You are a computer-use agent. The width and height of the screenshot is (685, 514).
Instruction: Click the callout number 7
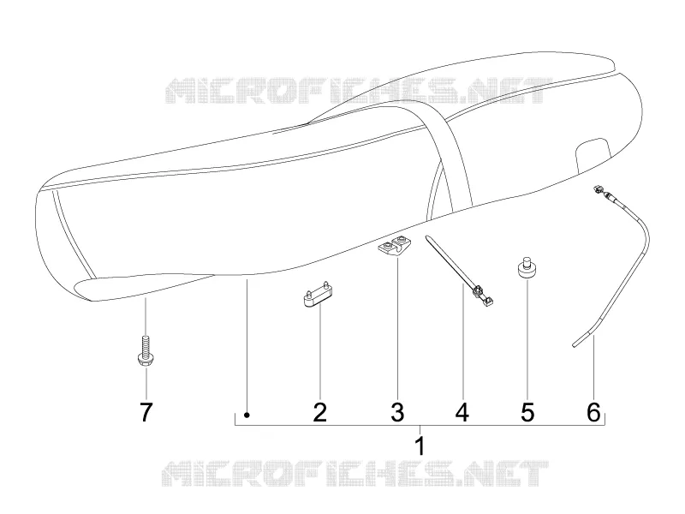point(146,412)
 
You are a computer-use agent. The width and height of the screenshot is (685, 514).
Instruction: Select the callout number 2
point(319,412)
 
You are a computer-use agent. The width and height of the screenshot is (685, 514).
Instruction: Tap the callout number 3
point(397,412)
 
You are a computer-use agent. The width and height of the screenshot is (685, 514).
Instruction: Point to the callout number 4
point(462,412)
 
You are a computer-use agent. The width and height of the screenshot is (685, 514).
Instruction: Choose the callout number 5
point(527,412)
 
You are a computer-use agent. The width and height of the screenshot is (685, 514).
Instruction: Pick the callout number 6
point(593,412)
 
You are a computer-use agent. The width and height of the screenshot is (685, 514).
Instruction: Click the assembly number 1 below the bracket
point(420,445)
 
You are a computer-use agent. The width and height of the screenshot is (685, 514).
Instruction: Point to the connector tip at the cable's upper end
point(597,189)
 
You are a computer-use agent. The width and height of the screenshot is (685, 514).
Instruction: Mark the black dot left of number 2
point(247,415)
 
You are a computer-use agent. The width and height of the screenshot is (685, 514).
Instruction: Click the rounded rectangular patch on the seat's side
point(593,155)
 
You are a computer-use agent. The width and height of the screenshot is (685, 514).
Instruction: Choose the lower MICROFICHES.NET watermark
point(354,474)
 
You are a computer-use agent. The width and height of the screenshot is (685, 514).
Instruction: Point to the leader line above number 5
point(527,339)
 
